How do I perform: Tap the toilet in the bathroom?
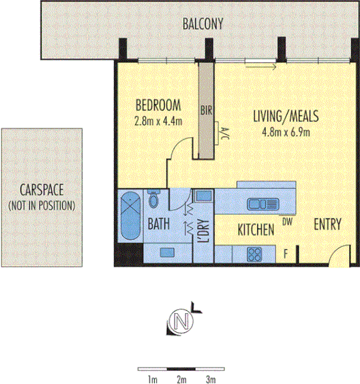pos(153,200)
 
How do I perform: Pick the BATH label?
pos(160,224)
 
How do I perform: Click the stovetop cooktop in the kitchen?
pos(255,254)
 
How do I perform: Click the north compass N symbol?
pos(180,320)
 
